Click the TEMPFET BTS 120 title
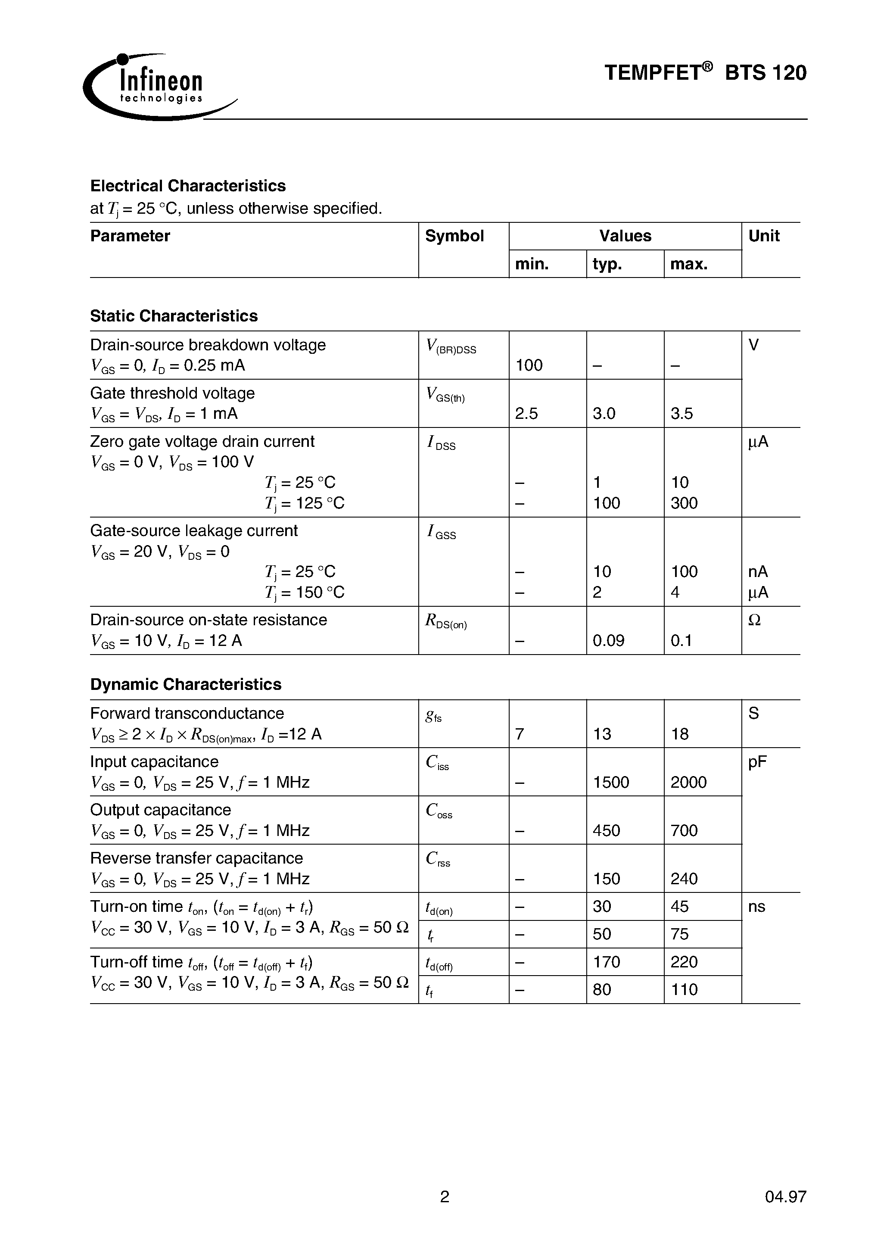(705, 73)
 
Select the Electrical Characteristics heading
(188, 186)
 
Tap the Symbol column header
(454, 236)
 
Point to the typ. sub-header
(607, 265)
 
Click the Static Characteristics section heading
(174, 316)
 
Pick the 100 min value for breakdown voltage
(529, 365)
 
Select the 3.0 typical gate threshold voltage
(604, 414)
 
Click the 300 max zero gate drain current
(684, 503)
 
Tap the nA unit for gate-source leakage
(758, 572)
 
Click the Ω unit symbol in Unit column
(754, 620)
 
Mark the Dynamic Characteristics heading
(186, 684)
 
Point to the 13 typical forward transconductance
(602, 734)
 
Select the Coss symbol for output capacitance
(439, 811)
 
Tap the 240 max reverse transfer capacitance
(684, 879)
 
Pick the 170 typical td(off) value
(606, 962)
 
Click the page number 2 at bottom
(445, 1196)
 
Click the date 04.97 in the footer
(785, 1196)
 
